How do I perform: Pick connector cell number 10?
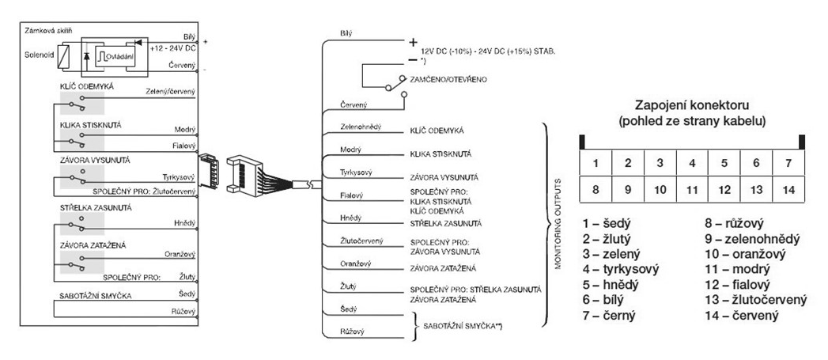click(659, 190)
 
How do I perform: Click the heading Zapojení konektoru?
click(691, 105)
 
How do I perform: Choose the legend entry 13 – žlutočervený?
click(755, 300)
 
